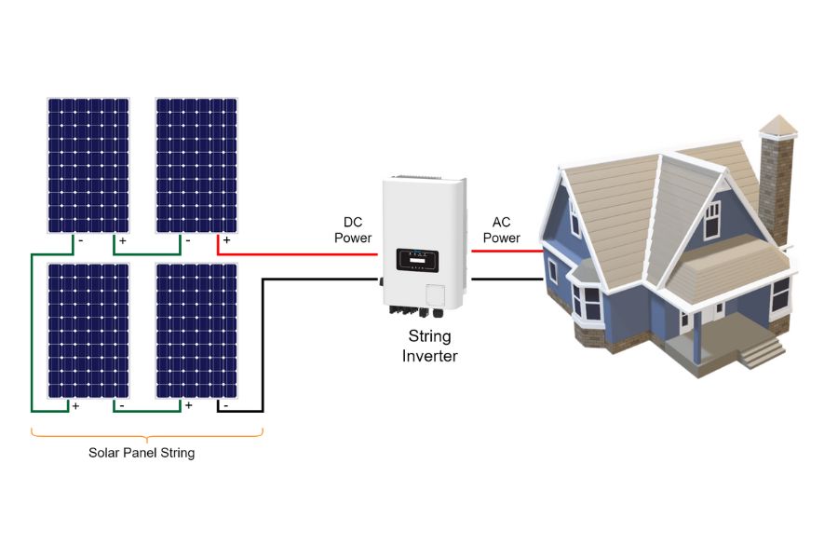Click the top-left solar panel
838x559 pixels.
tap(88, 165)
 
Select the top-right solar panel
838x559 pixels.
tap(196, 165)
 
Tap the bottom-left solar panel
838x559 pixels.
tap(88, 331)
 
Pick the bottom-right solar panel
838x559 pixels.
tap(196, 331)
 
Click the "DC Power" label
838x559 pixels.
tap(353, 230)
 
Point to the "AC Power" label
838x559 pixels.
tap(501, 230)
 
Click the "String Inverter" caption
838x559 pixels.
tap(429, 346)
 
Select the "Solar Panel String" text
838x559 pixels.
tap(142, 454)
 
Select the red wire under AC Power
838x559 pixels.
tap(507, 252)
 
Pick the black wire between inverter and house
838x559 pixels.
tap(507, 278)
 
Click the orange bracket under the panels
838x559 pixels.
tap(147, 434)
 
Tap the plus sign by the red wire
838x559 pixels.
tap(226, 240)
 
